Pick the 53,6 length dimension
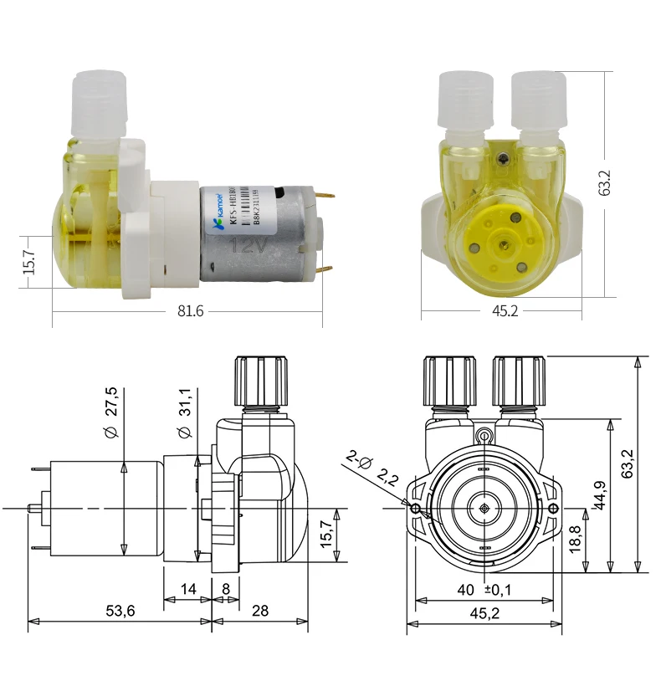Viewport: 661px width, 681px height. (x=119, y=611)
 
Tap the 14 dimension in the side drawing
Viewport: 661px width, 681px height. (x=187, y=590)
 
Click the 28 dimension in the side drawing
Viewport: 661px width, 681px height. (x=260, y=611)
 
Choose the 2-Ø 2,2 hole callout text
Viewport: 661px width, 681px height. (x=371, y=469)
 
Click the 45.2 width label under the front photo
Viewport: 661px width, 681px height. (x=504, y=311)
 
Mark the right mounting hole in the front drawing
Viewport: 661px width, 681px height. (x=552, y=509)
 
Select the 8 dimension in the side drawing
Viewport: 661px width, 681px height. (x=225, y=590)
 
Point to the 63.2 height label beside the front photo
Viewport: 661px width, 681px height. (x=605, y=182)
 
